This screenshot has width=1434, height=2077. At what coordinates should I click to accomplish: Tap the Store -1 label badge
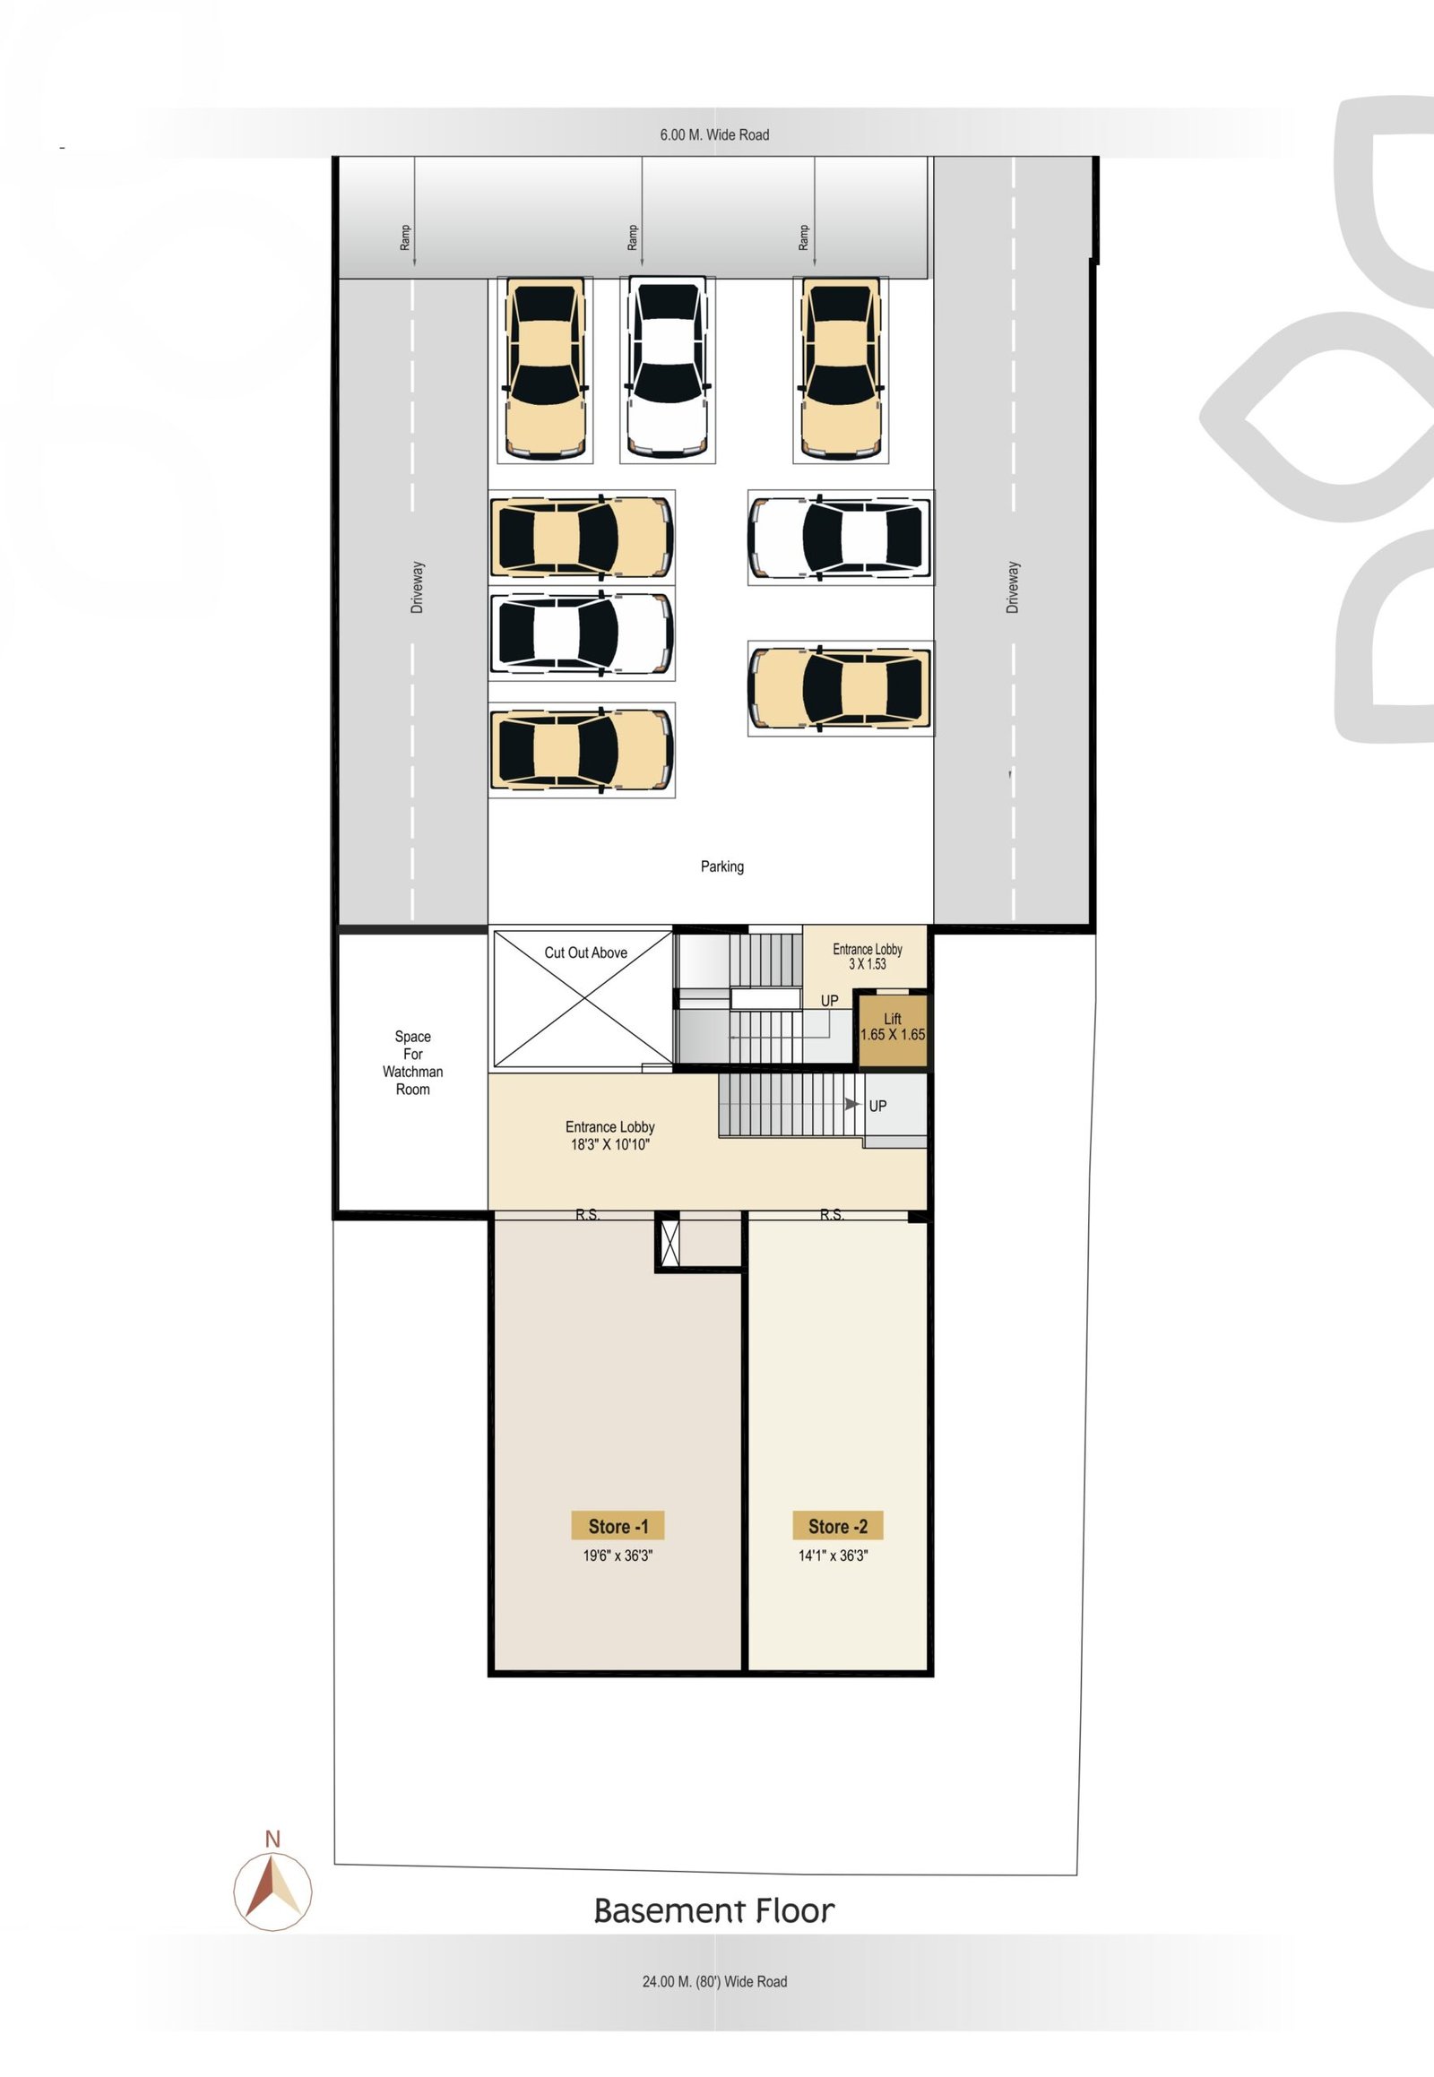point(618,1526)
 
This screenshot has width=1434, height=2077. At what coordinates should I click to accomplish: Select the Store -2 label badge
point(837,1526)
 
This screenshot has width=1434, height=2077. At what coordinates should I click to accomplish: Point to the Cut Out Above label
point(586,952)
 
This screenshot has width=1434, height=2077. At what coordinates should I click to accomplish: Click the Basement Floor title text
point(714,1911)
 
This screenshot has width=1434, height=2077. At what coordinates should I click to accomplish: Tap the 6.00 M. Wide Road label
point(714,134)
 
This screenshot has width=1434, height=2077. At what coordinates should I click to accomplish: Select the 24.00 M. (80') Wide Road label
point(714,1981)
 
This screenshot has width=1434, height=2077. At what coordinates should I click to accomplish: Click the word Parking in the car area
point(722,866)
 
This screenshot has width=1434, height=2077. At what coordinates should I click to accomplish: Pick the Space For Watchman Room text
point(412,1063)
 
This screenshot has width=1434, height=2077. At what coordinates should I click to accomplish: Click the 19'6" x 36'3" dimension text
point(618,1556)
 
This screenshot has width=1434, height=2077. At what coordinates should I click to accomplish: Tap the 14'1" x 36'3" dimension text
point(833,1556)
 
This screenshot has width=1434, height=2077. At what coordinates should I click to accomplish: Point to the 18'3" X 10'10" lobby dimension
point(610,1144)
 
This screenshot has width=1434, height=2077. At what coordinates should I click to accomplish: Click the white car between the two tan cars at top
point(667,368)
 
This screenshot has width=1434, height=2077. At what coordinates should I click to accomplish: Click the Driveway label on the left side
point(417,588)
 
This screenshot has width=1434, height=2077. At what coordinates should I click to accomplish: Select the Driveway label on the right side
point(1013,588)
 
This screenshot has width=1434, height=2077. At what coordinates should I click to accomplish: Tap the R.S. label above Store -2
point(831,1216)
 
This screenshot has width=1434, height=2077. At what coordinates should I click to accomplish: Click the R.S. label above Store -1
point(588,1216)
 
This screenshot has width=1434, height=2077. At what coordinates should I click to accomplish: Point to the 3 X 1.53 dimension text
point(867,964)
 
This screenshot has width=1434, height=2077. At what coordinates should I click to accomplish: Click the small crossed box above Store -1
point(669,1241)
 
